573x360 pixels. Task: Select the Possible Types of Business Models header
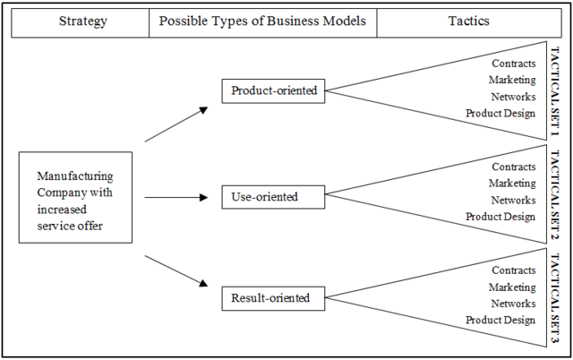point(262,21)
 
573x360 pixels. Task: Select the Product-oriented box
point(273,90)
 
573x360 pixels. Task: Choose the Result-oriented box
point(270,298)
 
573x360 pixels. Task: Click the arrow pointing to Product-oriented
point(176,124)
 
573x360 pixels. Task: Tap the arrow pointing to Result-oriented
point(176,271)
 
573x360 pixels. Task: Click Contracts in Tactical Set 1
point(514,64)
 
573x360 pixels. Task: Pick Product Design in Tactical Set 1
point(500,113)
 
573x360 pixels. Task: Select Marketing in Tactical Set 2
point(512,184)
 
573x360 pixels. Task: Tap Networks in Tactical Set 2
point(513,200)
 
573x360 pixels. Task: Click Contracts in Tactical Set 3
point(514,270)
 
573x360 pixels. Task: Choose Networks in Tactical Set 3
point(513,304)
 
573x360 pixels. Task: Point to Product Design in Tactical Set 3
point(500,321)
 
